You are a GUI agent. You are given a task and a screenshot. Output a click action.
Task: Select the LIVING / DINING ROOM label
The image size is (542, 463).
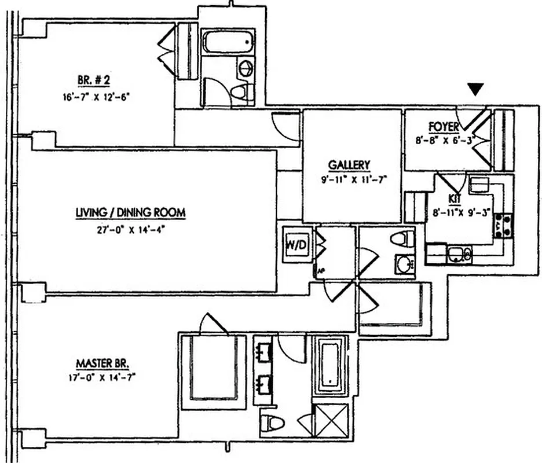(x=130, y=213)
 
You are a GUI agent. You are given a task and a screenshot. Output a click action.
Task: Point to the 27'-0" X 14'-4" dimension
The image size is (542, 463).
(x=130, y=229)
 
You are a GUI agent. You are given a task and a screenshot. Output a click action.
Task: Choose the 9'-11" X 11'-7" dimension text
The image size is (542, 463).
(x=352, y=179)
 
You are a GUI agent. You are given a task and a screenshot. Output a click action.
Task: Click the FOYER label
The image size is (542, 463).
(x=444, y=126)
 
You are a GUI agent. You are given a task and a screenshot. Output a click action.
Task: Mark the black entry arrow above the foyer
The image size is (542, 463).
(x=475, y=89)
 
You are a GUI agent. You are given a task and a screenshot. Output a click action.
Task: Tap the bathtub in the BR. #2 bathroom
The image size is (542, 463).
(x=228, y=42)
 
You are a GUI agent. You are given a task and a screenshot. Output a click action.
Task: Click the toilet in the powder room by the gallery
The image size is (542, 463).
(x=403, y=238)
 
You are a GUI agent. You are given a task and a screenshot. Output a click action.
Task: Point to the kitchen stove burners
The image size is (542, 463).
(x=501, y=225)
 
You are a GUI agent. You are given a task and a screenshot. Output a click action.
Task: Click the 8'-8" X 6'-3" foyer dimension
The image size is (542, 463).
(x=445, y=139)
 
